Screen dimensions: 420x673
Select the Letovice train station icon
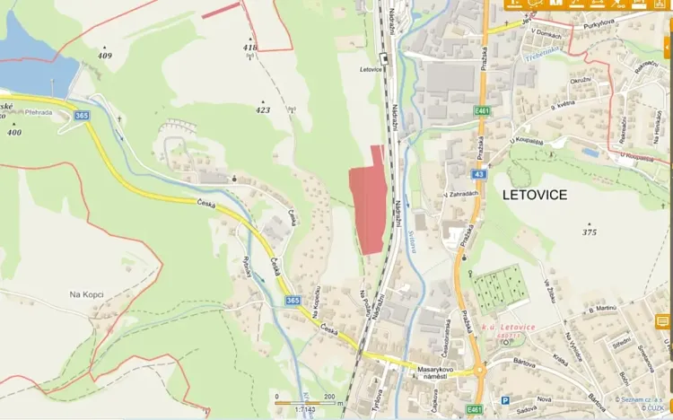click(x=384, y=59)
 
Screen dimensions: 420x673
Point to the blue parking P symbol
click(x=504, y=400)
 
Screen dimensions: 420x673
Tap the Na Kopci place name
click(x=88, y=293)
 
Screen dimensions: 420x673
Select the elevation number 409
click(x=105, y=56)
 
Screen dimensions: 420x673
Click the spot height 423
click(x=263, y=110)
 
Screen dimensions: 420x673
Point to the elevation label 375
click(x=590, y=232)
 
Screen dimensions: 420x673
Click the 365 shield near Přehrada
click(x=83, y=115)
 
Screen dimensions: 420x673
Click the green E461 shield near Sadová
click(x=475, y=409)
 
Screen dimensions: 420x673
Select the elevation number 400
click(x=13, y=132)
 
